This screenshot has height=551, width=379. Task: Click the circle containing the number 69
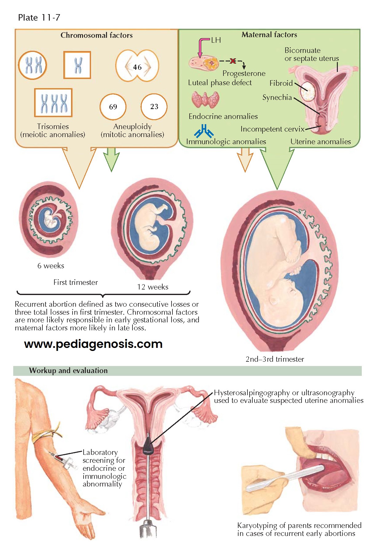click(113, 107)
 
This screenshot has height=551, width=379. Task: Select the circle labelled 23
click(154, 107)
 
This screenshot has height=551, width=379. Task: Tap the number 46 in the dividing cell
click(137, 67)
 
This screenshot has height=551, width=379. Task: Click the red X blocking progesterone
click(233, 61)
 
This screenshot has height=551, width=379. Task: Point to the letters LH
click(216, 40)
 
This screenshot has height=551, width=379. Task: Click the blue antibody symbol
click(203, 131)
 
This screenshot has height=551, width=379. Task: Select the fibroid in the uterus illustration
click(308, 91)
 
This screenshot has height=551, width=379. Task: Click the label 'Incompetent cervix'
click(272, 129)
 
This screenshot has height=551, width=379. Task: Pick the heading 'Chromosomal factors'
click(97, 35)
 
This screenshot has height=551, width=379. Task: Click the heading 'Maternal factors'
click(269, 35)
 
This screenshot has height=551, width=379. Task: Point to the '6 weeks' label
click(51, 266)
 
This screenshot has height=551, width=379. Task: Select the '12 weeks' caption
click(152, 287)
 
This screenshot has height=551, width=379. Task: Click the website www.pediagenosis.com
click(93, 344)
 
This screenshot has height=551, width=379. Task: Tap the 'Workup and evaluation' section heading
click(68, 371)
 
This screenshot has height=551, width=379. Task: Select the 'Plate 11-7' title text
click(39, 18)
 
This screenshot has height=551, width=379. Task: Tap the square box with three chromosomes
click(53, 103)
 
